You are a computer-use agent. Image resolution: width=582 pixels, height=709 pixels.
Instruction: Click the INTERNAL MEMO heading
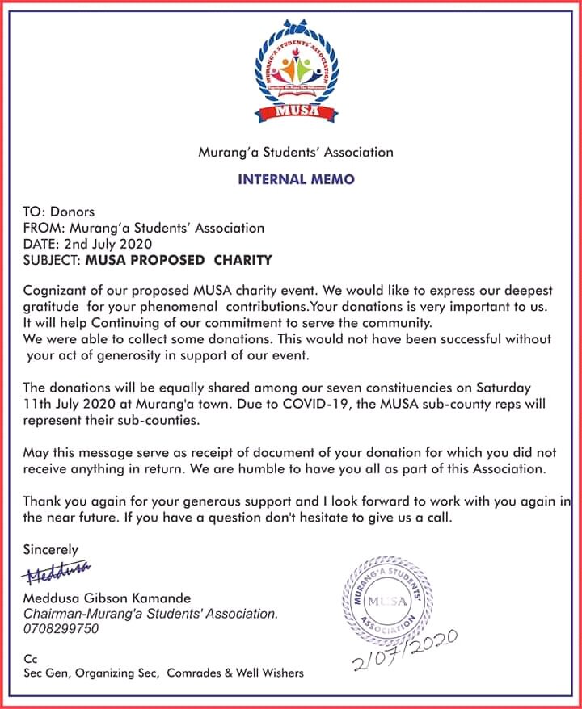(296, 179)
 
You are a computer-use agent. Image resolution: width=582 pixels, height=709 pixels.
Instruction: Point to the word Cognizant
(54, 290)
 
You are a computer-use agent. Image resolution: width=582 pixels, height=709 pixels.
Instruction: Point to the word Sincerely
(51, 550)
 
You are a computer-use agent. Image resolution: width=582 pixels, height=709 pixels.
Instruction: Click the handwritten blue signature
(59, 574)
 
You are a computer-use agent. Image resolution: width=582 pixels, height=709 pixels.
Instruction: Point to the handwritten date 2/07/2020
(405, 650)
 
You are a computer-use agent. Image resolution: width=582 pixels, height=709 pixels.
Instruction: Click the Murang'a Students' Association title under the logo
(296, 152)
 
